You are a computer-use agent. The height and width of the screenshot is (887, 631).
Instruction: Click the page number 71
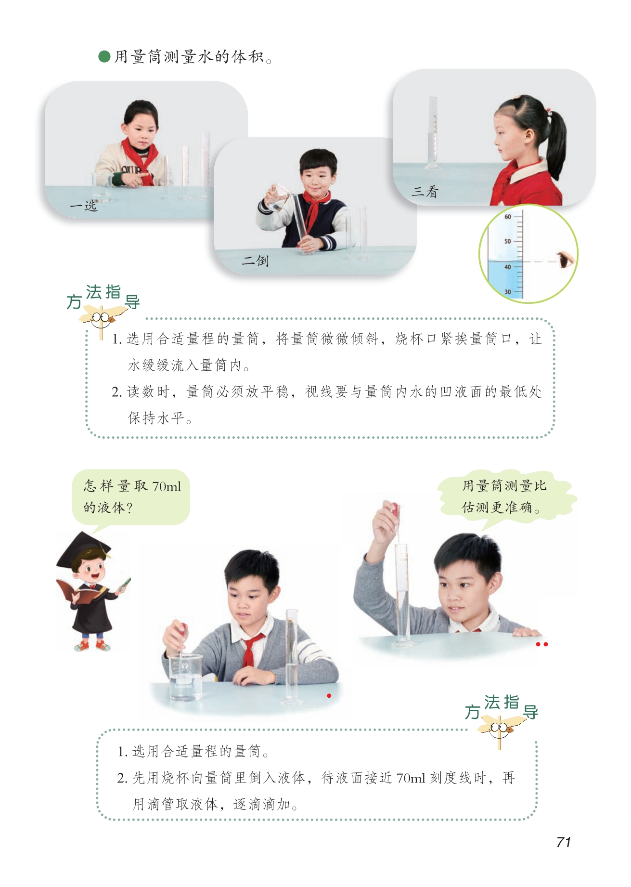(563, 842)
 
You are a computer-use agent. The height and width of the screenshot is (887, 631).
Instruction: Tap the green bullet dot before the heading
(104, 57)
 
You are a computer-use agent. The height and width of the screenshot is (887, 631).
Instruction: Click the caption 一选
(83, 206)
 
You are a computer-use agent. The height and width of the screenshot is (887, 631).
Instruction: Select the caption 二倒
(255, 261)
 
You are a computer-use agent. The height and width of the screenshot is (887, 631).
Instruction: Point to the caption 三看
(425, 192)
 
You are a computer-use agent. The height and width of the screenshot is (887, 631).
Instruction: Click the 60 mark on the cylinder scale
(507, 217)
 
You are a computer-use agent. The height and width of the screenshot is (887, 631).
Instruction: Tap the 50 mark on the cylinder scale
(507, 241)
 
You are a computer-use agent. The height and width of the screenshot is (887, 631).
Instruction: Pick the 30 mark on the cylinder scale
(507, 292)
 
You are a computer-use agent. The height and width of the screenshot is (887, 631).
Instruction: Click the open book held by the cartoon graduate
(78, 591)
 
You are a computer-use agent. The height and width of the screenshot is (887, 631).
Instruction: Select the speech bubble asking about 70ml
(131, 497)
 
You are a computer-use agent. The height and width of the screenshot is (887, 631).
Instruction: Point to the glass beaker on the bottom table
(185, 677)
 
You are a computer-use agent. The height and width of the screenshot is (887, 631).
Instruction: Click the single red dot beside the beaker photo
(329, 695)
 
